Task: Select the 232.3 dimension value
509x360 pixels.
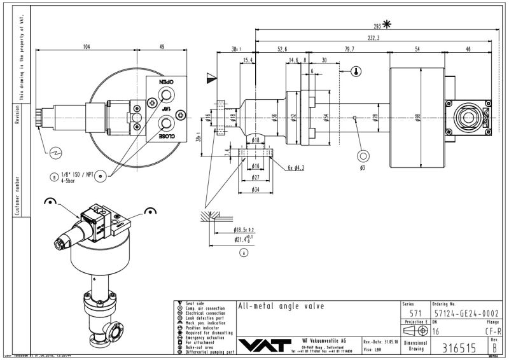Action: tap(373, 38)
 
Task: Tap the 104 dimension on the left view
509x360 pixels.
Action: tap(87, 47)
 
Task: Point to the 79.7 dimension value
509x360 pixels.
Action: tap(349, 48)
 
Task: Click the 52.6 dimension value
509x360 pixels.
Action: tap(282, 48)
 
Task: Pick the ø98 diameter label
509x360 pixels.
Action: tap(417, 117)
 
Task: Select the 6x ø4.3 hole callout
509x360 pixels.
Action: tap(296, 167)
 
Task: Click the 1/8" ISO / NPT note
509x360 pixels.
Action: tap(78, 174)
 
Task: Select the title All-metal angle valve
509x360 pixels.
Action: tap(281, 306)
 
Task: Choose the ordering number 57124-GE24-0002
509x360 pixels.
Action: tap(466, 313)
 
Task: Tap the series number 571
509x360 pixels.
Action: tap(415, 313)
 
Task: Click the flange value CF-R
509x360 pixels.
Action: tap(493, 331)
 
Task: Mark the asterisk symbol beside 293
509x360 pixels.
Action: tap(387, 25)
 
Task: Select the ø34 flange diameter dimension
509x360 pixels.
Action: tap(254, 190)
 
